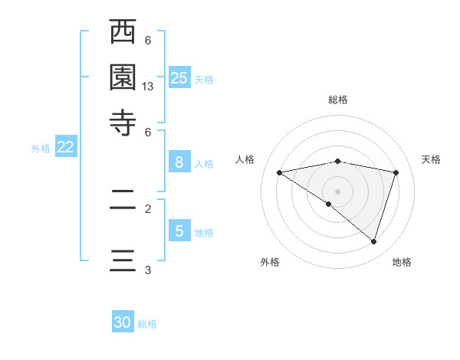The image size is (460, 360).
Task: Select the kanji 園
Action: (x=123, y=77)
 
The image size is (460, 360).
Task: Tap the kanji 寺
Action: (x=123, y=122)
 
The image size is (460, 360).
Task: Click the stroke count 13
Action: (x=148, y=87)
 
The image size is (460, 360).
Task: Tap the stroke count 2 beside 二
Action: (x=148, y=208)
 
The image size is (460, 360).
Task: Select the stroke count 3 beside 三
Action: (x=148, y=270)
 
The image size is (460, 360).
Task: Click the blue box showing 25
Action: (x=179, y=78)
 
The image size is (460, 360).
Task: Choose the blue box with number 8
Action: (x=179, y=162)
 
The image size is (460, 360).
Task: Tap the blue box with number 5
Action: (x=179, y=231)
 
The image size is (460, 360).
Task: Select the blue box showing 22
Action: (x=65, y=148)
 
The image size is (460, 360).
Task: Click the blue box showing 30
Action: (x=123, y=322)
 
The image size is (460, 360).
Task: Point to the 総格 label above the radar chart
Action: (x=338, y=100)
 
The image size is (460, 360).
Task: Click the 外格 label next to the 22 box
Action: (x=41, y=149)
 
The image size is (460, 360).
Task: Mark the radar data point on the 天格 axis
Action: (x=396, y=172)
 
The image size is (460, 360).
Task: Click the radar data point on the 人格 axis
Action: (x=280, y=172)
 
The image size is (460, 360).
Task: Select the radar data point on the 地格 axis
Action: (x=374, y=241)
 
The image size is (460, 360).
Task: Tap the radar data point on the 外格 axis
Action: (x=329, y=204)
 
